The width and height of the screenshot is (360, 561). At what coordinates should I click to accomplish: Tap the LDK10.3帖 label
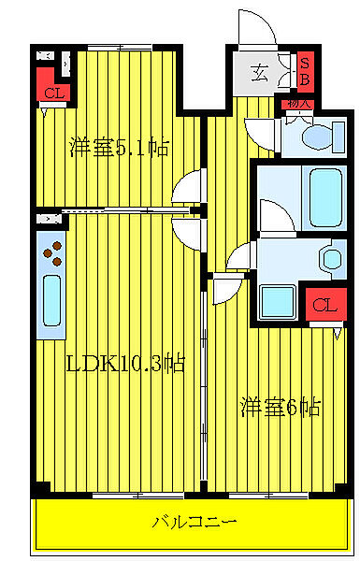(x=124, y=364)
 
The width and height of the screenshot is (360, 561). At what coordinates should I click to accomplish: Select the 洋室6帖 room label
(x=281, y=407)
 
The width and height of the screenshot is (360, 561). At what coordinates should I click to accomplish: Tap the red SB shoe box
(x=304, y=72)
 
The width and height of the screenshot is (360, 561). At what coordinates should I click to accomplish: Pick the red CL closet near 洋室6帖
(x=322, y=305)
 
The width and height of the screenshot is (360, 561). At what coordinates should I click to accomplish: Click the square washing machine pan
(x=278, y=301)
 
